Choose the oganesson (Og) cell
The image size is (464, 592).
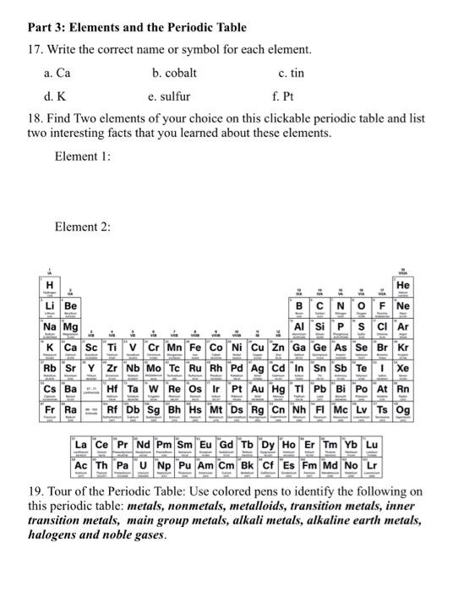tap(426, 414)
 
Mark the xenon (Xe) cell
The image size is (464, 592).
tap(426, 370)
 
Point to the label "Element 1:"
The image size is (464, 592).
tap(82, 157)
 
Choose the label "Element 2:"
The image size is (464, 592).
tap(82, 227)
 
